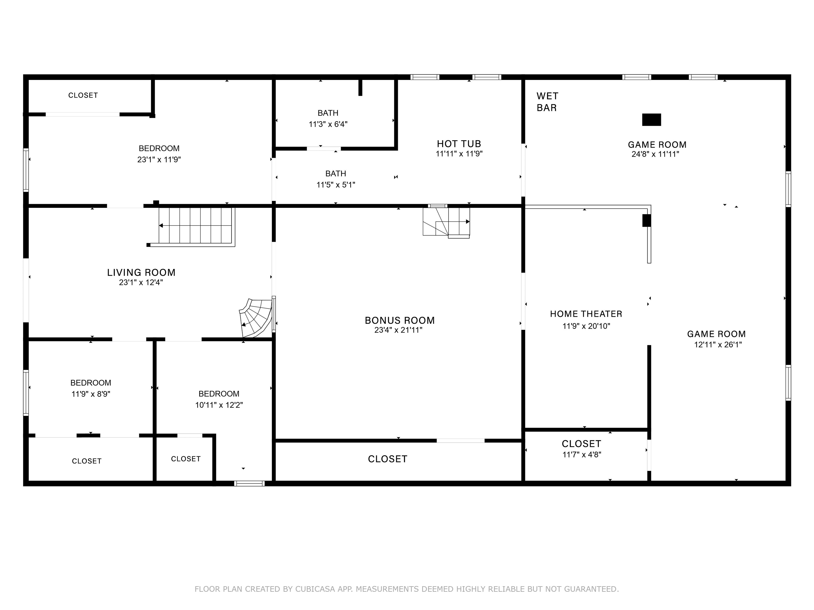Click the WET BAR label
547,102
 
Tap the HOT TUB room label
459,144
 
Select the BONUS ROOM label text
400,320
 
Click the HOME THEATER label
586,314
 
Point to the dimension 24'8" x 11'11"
655,154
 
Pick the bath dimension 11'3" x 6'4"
328,124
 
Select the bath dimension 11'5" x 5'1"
336,185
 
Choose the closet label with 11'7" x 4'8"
581,444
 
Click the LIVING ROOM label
141,272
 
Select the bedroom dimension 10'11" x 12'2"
219,405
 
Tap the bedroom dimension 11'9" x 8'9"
91,394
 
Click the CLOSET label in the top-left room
83,96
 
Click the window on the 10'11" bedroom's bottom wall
249,483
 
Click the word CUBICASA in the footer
315,589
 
